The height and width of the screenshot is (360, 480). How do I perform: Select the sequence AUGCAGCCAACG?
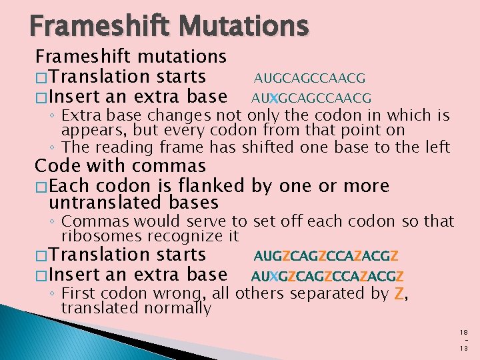pos(309,79)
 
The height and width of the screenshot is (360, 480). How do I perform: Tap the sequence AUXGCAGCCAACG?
pos(311,99)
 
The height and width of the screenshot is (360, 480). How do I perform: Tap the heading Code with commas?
pos(120,165)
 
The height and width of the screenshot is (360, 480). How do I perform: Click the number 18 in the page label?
pos(464,331)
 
